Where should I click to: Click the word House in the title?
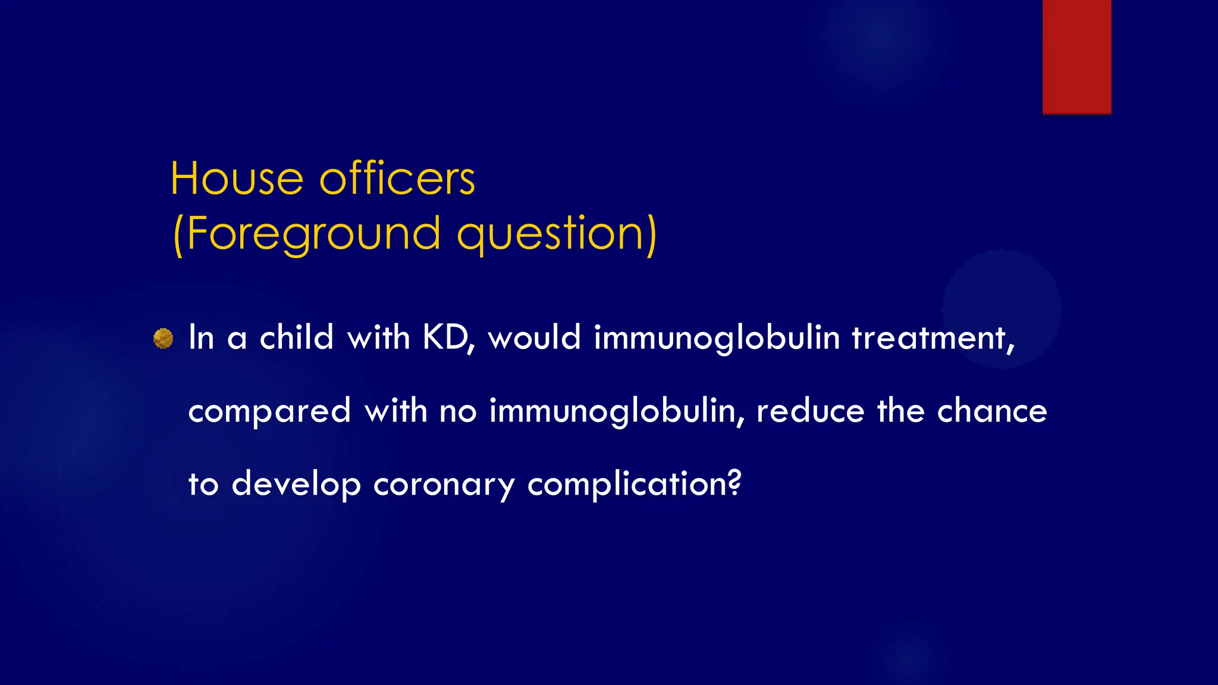click(x=237, y=178)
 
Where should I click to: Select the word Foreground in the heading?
click(x=313, y=234)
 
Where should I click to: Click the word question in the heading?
click(x=550, y=234)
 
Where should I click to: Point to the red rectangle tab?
click(x=1076, y=56)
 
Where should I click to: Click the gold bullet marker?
click(x=163, y=338)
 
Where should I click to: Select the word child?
click(x=296, y=338)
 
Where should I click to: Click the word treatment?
click(x=931, y=338)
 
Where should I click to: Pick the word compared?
click(x=269, y=411)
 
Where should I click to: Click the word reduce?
click(x=810, y=411)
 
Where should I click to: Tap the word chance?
click(x=991, y=411)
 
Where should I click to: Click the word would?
click(x=533, y=338)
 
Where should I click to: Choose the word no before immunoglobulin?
click(x=458, y=411)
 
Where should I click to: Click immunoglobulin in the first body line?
click(x=717, y=338)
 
